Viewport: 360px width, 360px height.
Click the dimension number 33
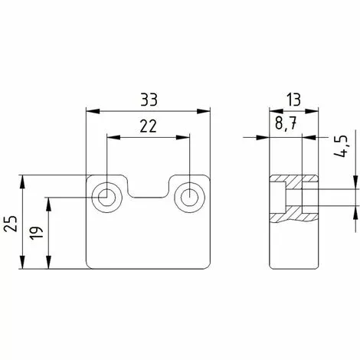(149, 100)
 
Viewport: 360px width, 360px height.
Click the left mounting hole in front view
(106, 197)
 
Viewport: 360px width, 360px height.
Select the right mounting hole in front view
(188, 197)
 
